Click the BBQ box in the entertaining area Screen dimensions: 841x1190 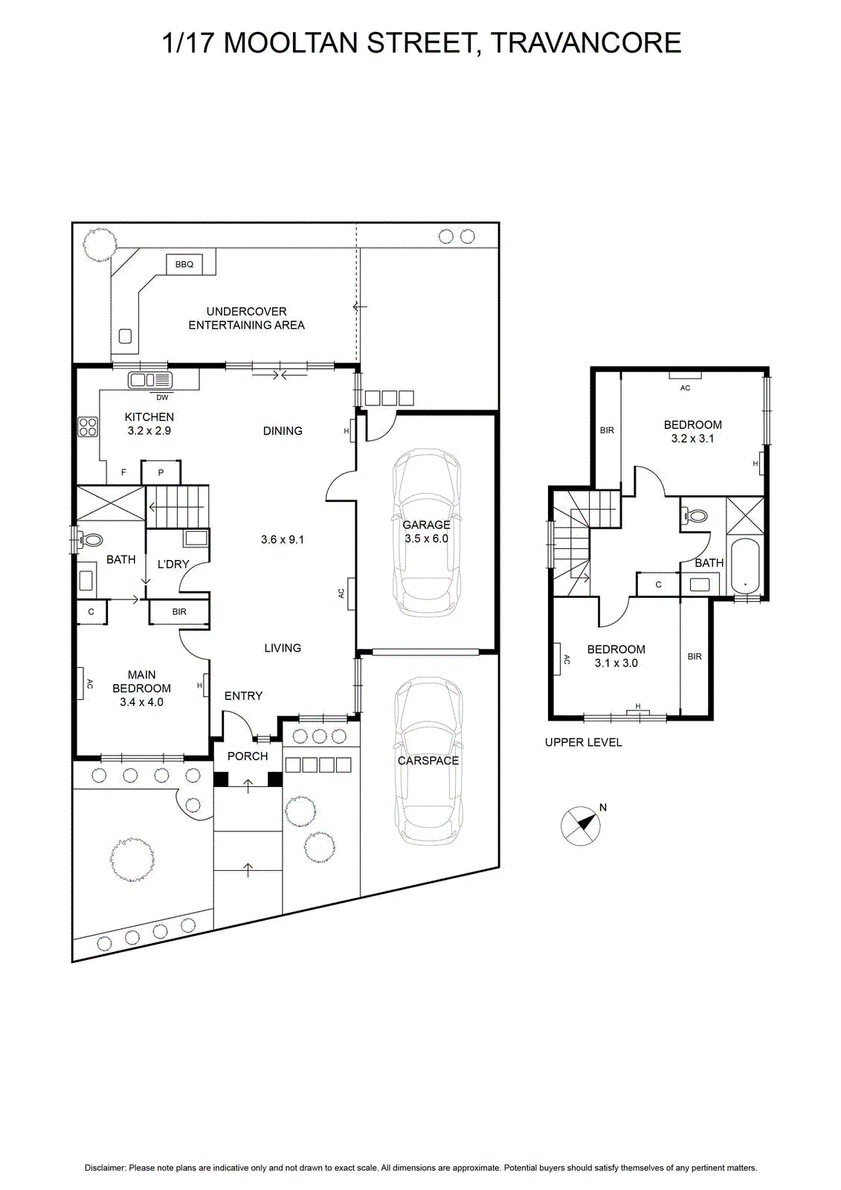(184, 264)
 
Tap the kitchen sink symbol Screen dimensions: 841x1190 (150, 380)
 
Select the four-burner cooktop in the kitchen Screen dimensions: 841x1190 (88, 427)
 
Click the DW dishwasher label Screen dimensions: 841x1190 (162, 397)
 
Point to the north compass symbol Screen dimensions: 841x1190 (581, 826)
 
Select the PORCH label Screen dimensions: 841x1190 (248, 756)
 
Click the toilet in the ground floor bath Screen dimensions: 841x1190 (90, 540)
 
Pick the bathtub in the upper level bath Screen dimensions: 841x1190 (747, 566)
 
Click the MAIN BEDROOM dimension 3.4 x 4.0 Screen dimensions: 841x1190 (141, 702)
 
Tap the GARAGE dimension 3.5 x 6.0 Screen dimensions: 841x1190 (426, 538)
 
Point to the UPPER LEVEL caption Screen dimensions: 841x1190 (583, 743)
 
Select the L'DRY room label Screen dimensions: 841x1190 (173, 565)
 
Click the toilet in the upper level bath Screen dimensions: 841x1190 (695, 515)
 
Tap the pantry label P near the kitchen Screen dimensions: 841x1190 (161, 472)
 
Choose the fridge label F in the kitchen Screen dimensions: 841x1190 (123, 472)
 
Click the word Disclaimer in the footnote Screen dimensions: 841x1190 (105, 1168)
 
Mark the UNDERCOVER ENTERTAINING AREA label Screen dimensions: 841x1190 (247, 318)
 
